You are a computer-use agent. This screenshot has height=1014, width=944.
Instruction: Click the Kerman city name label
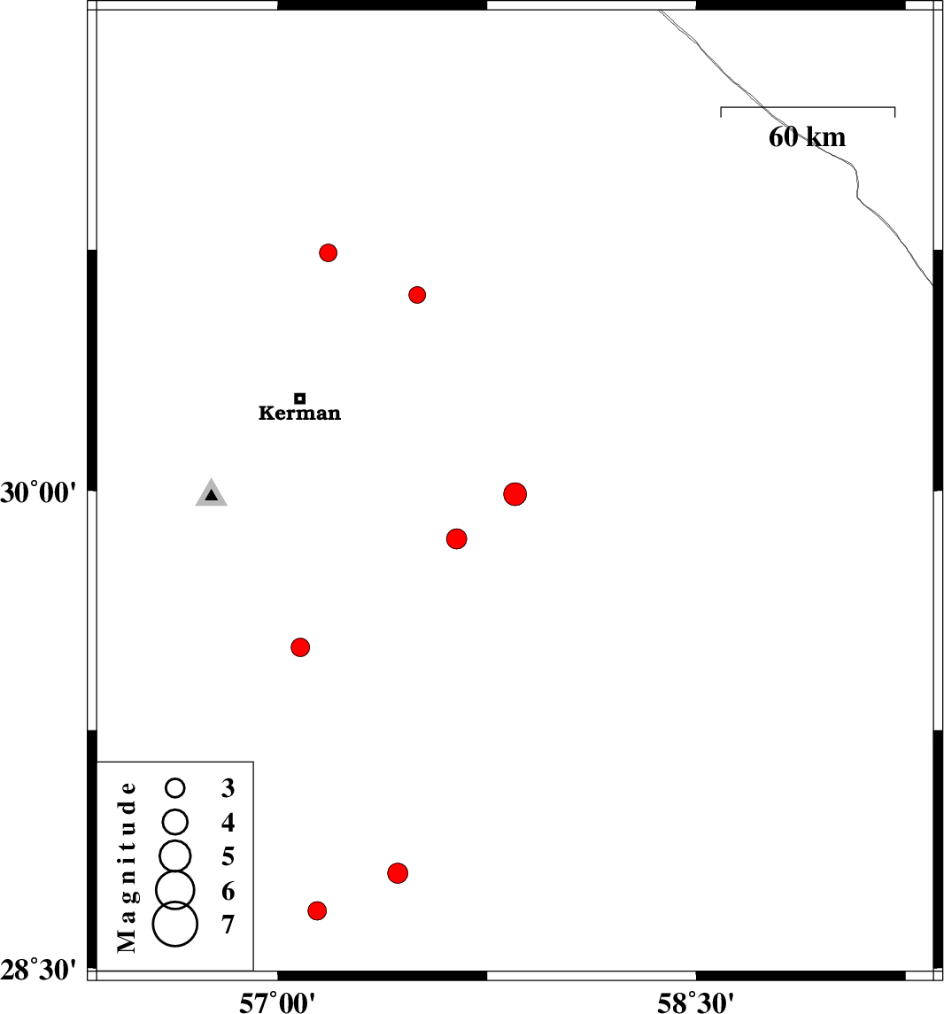click(299, 413)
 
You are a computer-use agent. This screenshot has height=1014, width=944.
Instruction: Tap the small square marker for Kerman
click(299, 399)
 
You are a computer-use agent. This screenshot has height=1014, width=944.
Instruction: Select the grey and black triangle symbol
click(212, 492)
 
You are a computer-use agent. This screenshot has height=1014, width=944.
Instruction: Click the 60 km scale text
click(807, 137)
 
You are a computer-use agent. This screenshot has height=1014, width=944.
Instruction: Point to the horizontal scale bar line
click(808, 107)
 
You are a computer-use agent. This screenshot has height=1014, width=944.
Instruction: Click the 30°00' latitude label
click(38, 492)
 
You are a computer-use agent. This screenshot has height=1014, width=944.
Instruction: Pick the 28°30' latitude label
click(38, 971)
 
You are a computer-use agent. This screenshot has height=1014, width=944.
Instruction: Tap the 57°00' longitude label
click(277, 1002)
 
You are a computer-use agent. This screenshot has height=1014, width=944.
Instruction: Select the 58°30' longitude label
click(696, 1002)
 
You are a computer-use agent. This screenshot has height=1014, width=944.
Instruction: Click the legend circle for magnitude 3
click(175, 787)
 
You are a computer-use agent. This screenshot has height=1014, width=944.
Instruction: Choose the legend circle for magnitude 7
click(175, 924)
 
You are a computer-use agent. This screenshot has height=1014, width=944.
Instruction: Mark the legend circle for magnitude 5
click(175, 856)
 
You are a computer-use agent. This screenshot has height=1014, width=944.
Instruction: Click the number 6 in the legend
click(228, 891)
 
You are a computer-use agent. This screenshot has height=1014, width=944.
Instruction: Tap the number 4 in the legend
click(228, 822)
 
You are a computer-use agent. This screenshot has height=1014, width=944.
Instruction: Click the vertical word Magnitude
click(127, 867)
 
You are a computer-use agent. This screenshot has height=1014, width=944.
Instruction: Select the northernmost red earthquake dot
click(328, 252)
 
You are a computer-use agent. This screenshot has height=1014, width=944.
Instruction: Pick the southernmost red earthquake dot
click(317, 910)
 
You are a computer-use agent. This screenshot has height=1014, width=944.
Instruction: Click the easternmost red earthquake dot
click(515, 494)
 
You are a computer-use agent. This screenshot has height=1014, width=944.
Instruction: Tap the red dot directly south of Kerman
click(300, 646)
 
